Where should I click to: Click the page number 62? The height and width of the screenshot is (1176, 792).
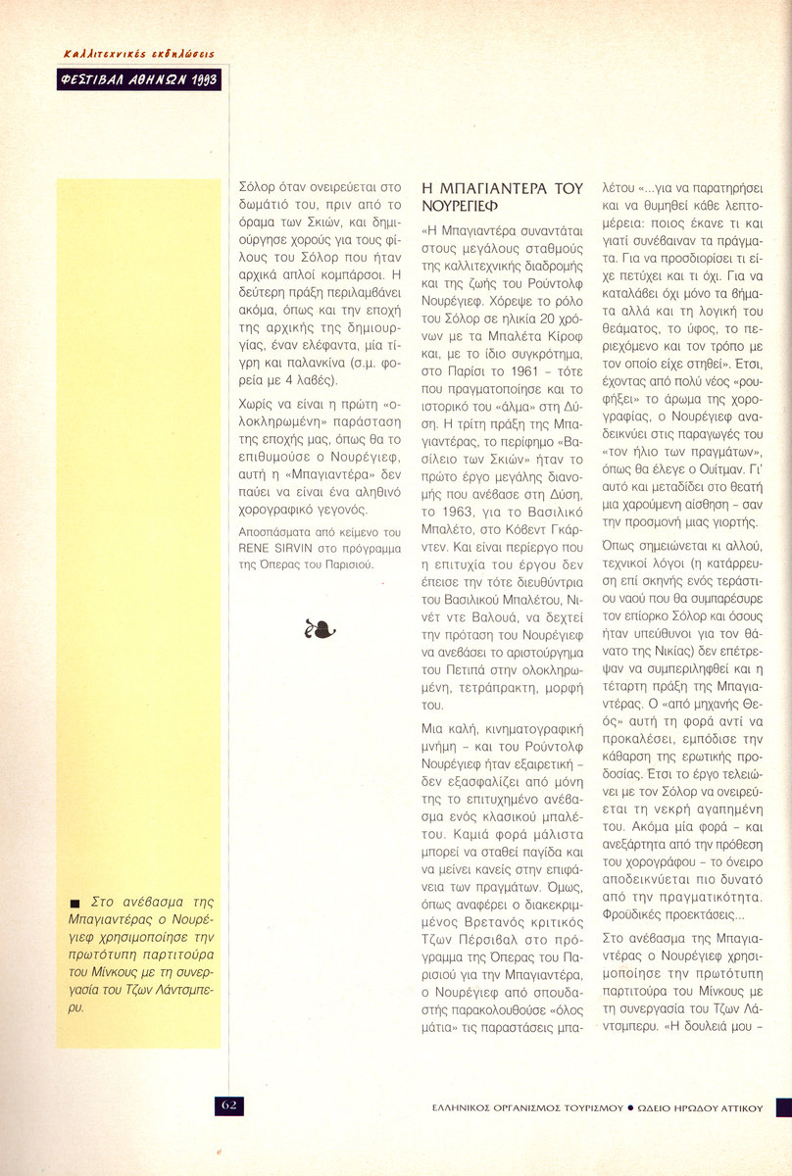229,1104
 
